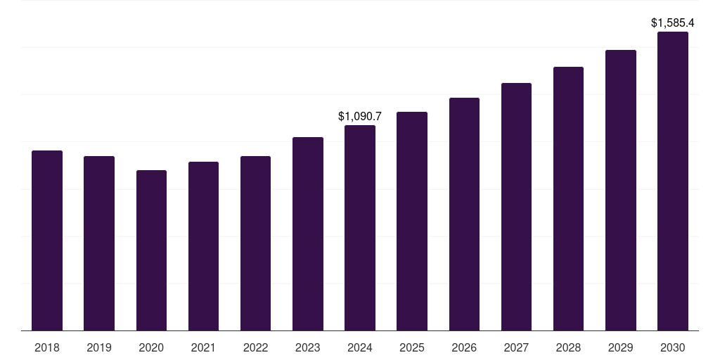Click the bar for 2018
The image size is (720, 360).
[x=47, y=240]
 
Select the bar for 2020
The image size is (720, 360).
[x=151, y=250]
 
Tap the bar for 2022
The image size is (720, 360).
[x=255, y=243]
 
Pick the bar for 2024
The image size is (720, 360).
[x=360, y=228]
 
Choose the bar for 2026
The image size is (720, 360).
[x=464, y=214]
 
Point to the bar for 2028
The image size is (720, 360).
[x=568, y=198]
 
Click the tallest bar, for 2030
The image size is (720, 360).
[x=673, y=181]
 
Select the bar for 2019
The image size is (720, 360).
[x=99, y=243]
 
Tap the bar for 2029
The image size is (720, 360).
[x=621, y=190]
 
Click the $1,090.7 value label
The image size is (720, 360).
[x=360, y=116]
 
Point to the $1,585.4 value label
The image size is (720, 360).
[x=673, y=23]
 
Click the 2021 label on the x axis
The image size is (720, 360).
[x=203, y=347]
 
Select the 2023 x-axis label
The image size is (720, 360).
[x=307, y=347]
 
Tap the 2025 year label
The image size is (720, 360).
[x=412, y=347]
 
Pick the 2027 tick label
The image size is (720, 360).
[x=516, y=347]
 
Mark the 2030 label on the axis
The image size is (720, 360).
[x=673, y=347]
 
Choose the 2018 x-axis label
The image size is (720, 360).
[x=47, y=347]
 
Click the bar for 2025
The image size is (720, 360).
[x=412, y=221]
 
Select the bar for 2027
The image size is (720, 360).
[x=516, y=207]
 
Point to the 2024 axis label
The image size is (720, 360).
[x=360, y=347]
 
